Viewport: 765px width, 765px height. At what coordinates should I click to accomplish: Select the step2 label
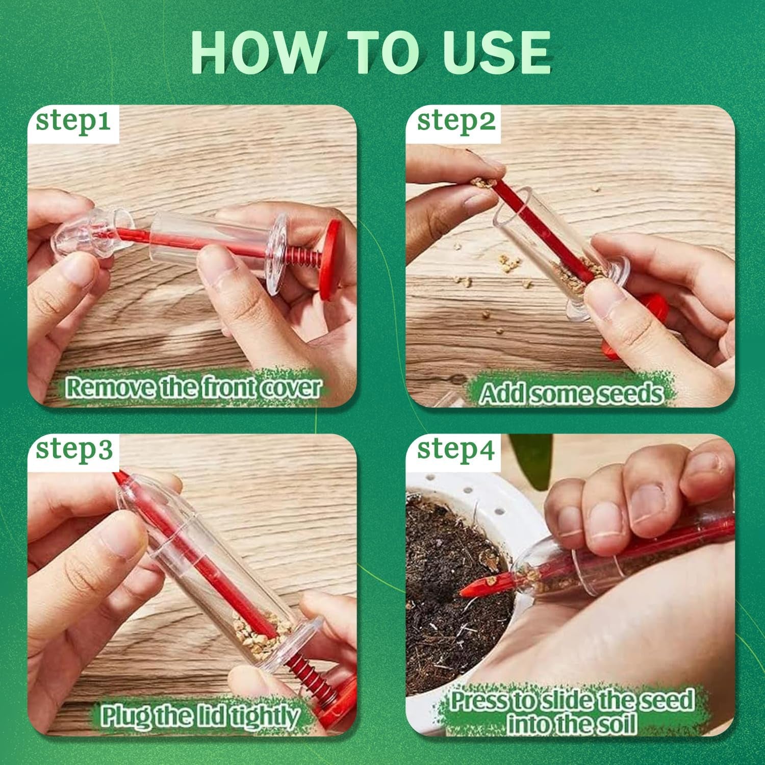point(456,122)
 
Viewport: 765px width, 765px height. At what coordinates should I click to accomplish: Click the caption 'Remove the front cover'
point(193,388)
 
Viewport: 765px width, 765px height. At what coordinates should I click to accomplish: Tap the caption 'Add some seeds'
point(572,394)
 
